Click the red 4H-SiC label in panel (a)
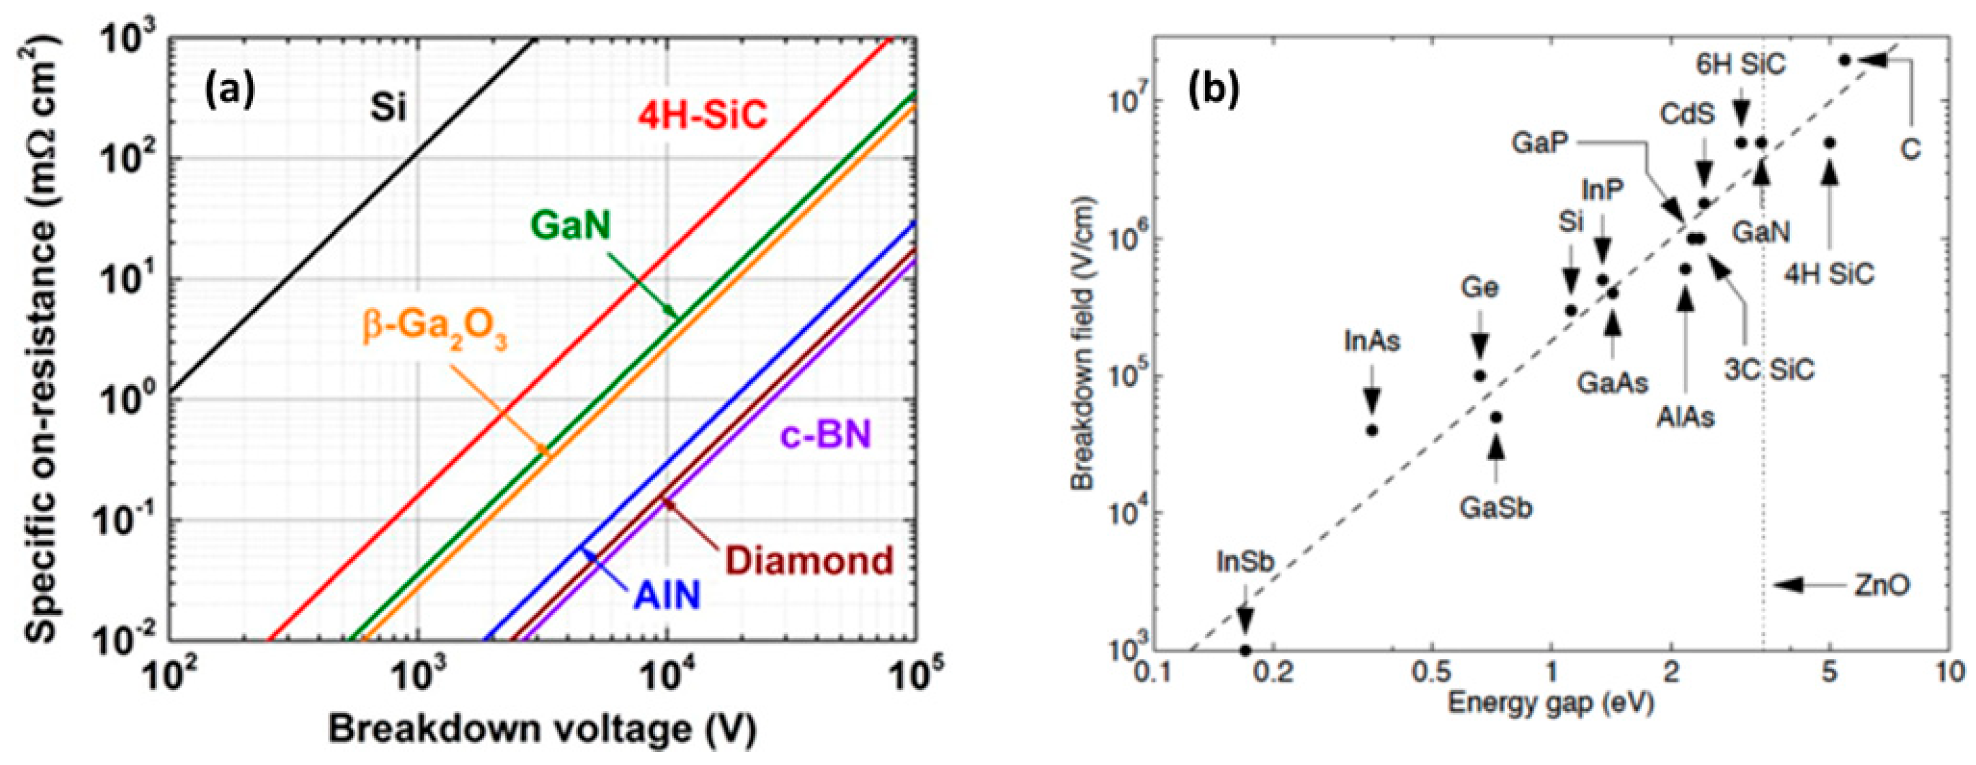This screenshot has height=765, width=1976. (703, 116)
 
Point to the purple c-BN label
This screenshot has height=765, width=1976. (826, 436)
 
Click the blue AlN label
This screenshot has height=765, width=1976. (667, 596)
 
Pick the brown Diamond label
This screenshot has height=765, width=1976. (810, 561)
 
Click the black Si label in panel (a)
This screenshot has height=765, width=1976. (388, 108)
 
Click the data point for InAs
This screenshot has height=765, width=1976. (1373, 431)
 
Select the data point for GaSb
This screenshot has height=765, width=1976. (1496, 418)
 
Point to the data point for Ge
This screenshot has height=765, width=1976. (1480, 376)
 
